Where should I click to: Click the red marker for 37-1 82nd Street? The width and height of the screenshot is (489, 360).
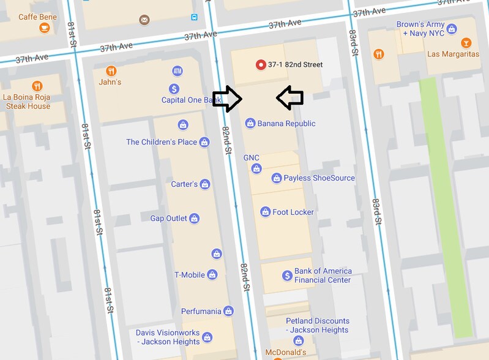pyautogui.click(x=261, y=64)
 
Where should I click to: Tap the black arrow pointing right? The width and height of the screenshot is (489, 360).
pyautogui.click(x=227, y=99)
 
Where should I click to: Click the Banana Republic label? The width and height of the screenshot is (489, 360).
pyautogui.click(x=286, y=124)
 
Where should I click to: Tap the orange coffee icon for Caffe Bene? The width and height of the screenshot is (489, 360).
pyautogui.click(x=44, y=28)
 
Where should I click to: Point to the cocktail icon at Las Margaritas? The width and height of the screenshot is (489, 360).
pyautogui.click(x=466, y=43)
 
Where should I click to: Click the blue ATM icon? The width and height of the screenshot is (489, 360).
pyautogui.click(x=177, y=71)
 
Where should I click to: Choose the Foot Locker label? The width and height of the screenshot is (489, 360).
pyautogui.click(x=293, y=212)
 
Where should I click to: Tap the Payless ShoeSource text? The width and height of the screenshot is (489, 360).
pyautogui.click(x=319, y=178)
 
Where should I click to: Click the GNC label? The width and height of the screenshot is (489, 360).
pyautogui.click(x=252, y=158)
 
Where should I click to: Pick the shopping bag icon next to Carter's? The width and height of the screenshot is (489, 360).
pyautogui.click(x=205, y=184)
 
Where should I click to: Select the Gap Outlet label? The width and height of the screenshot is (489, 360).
pyautogui.click(x=168, y=219)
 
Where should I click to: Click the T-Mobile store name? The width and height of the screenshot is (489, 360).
pyautogui.click(x=190, y=275)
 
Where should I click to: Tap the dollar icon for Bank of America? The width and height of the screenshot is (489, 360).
pyautogui.click(x=287, y=276)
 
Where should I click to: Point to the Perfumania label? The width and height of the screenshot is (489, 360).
pyautogui.click(x=201, y=311)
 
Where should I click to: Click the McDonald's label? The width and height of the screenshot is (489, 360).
pyautogui.click(x=285, y=353)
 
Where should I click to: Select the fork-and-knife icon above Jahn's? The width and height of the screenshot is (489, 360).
pyautogui.click(x=111, y=70)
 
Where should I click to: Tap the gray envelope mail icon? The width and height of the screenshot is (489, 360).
pyautogui.click(x=144, y=20)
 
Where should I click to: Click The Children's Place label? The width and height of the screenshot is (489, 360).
pyautogui.click(x=162, y=142)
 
